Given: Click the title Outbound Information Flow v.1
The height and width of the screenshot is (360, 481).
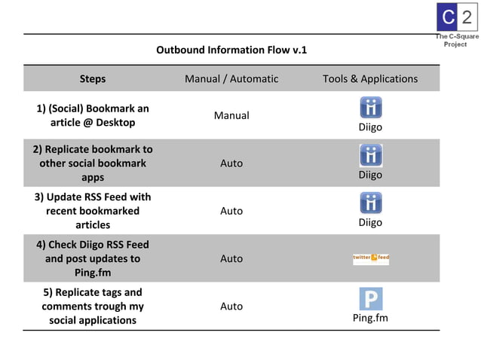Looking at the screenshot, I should (x=231, y=50).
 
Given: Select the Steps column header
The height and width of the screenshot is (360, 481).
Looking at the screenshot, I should (x=93, y=78).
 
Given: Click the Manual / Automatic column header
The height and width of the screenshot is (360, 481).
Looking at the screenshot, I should (x=231, y=78).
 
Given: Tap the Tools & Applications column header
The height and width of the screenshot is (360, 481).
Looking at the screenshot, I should (x=370, y=78).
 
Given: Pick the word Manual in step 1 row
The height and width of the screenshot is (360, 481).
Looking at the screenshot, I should (x=231, y=115).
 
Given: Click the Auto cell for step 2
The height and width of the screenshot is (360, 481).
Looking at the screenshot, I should (x=231, y=163).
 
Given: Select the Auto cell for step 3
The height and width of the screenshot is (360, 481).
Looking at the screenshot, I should (x=231, y=211).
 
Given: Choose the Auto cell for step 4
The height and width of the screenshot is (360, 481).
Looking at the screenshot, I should (x=231, y=258).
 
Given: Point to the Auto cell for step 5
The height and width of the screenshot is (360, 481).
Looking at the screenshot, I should (x=231, y=306).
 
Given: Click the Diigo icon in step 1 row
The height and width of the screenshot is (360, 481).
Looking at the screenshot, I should (x=370, y=107).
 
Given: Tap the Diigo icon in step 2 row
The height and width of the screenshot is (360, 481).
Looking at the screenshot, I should (x=370, y=155).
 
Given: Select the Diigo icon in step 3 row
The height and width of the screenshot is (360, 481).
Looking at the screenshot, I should (x=370, y=203).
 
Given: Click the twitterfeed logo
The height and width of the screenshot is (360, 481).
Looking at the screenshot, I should (x=370, y=258).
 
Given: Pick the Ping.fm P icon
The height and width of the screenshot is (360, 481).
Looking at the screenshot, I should (x=370, y=298).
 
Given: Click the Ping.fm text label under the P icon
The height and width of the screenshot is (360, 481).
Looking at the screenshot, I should (x=370, y=318).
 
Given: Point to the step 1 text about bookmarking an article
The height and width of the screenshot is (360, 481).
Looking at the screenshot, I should (x=93, y=115).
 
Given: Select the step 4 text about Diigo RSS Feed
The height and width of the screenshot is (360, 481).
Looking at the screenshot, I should (x=93, y=258).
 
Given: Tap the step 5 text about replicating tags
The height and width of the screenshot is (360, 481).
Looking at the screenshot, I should (x=93, y=306).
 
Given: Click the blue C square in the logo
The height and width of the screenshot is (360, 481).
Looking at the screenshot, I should (x=448, y=17).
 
